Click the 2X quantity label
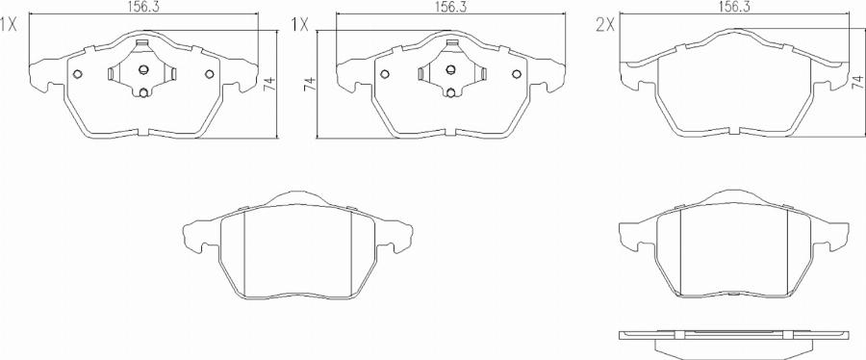click(x=605, y=26)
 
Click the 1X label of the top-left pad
click(x=10, y=26)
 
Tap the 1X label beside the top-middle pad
click(x=299, y=26)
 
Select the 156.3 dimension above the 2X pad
click(x=736, y=7)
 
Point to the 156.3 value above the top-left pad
click(x=144, y=7)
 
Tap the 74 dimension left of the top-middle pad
click(x=311, y=85)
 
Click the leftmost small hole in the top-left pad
click(x=78, y=75)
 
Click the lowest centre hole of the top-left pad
click(x=143, y=92)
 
